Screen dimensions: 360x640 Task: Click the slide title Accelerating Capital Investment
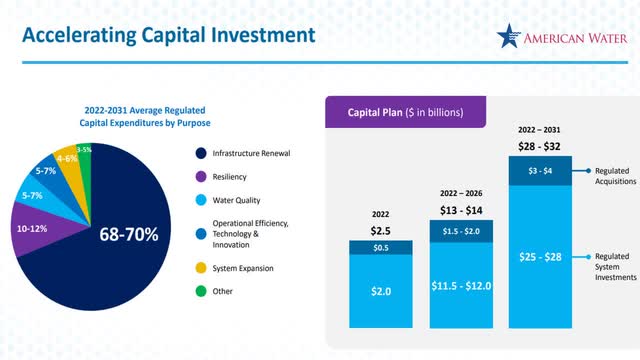(168, 36)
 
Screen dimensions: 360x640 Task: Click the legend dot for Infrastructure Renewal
(201, 153)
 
